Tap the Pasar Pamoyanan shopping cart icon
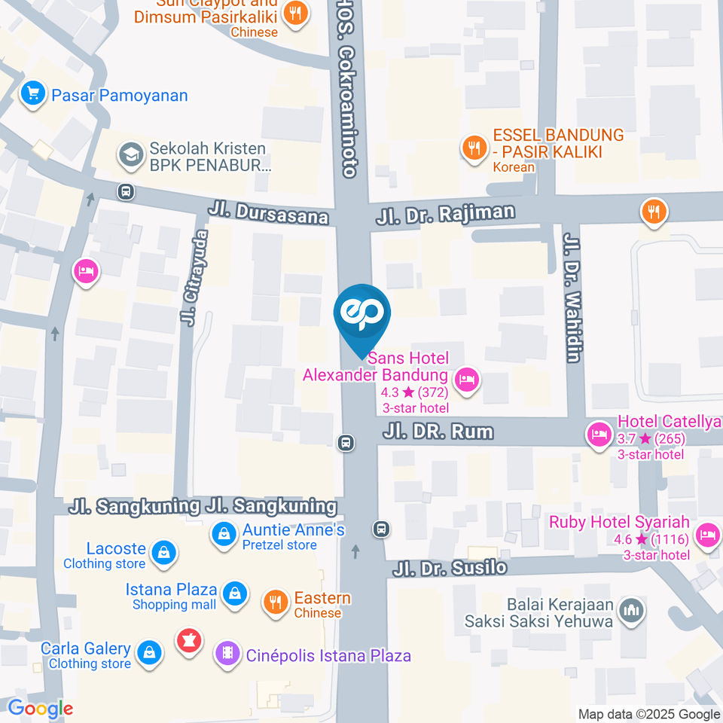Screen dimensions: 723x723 (x=32, y=95)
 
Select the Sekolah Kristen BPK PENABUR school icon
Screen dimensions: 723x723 (x=131, y=156)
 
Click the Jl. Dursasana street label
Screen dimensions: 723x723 (x=270, y=212)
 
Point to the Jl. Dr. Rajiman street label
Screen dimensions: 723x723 (x=445, y=214)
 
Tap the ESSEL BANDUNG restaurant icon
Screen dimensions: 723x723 (x=474, y=148)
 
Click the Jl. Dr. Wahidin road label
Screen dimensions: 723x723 (x=573, y=297)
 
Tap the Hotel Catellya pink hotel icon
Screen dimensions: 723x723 (x=599, y=435)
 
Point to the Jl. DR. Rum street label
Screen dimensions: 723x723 (x=438, y=432)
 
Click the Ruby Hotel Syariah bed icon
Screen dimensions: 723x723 (x=707, y=535)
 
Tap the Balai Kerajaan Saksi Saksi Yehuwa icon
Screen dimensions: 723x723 (x=630, y=609)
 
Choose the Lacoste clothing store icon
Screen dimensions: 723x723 (x=163, y=554)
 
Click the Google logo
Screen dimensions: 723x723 (x=40, y=708)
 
